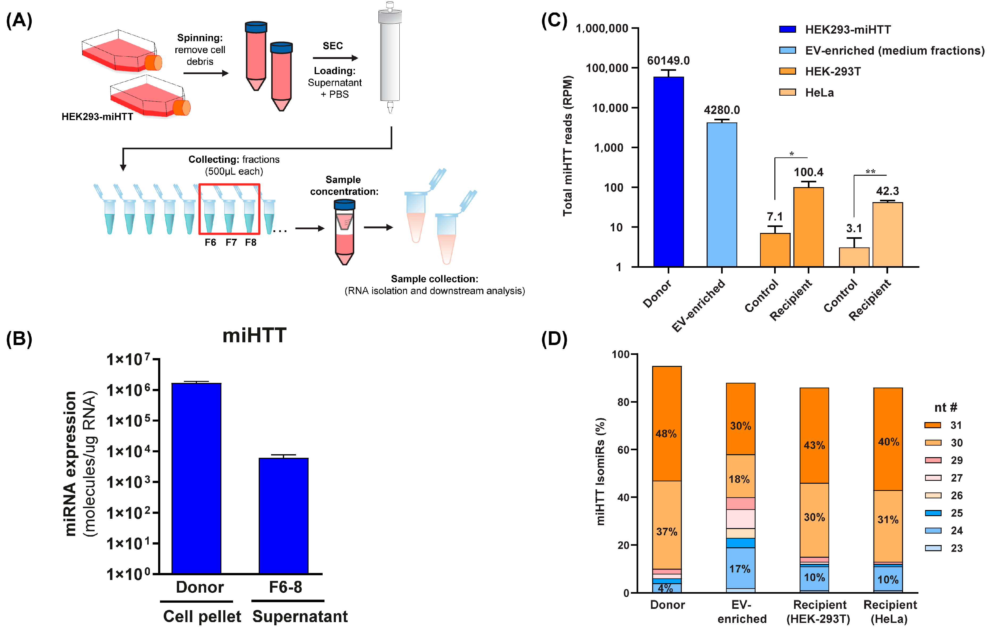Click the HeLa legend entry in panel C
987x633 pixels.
coord(819,92)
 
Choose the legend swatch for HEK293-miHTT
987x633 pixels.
coord(787,29)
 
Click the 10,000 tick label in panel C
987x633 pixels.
coord(610,108)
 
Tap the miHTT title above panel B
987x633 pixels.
coord(254,335)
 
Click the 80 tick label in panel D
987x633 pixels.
coord(623,402)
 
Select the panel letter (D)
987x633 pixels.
coord(554,339)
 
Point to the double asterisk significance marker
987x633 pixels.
coord(870,171)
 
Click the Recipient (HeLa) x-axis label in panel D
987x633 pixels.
coord(889,612)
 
